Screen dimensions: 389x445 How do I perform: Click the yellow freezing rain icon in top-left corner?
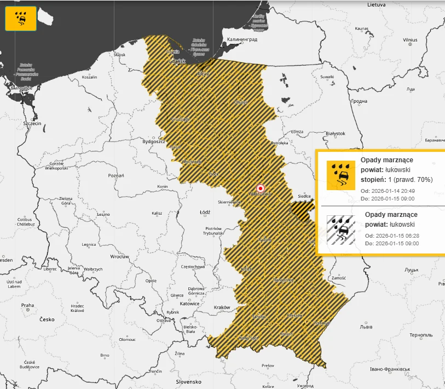tap(20, 19)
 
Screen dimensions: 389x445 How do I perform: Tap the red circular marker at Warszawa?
tap(260, 187)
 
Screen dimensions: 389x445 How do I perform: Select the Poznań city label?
tap(116, 175)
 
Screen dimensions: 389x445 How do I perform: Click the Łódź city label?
tap(205, 212)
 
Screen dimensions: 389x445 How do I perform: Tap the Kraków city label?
tap(222, 308)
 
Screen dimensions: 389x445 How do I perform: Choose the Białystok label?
tap(335, 133)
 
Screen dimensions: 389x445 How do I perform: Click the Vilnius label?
tap(410, 40)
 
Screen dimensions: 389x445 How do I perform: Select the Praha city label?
tap(27, 305)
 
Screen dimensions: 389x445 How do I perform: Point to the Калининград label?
tap(242, 40)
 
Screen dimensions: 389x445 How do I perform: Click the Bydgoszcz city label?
tap(154, 142)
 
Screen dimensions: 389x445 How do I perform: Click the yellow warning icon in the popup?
tap(340, 175)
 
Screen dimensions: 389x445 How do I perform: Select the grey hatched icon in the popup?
tap(340, 229)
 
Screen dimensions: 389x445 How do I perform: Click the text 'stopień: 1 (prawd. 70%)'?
tap(396, 179)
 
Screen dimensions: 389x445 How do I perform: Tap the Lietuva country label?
tap(377, 4)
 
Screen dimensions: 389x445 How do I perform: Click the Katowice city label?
tap(189, 303)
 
